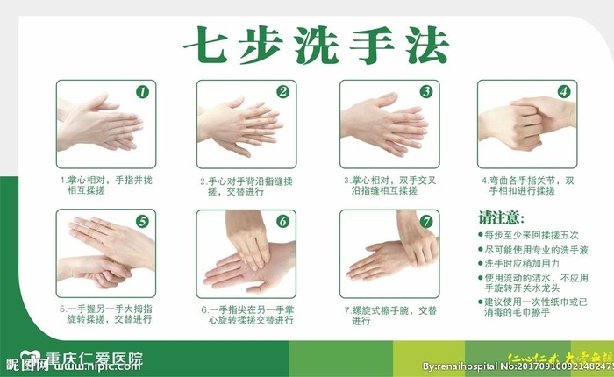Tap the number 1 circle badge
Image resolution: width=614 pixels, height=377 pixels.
point(143,91)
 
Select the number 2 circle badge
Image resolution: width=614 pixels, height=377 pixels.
point(282,91)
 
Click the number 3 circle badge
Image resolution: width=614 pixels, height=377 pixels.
point(425,91)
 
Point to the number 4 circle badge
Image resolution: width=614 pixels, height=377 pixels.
point(564,91)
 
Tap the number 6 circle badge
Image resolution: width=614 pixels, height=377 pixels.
point(282,221)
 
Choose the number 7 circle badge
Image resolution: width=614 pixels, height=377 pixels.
point(425,221)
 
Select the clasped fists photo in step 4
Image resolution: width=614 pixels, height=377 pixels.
point(526,124)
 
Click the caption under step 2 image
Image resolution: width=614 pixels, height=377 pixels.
point(244,187)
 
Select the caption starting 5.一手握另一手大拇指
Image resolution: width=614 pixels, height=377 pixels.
point(105,315)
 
